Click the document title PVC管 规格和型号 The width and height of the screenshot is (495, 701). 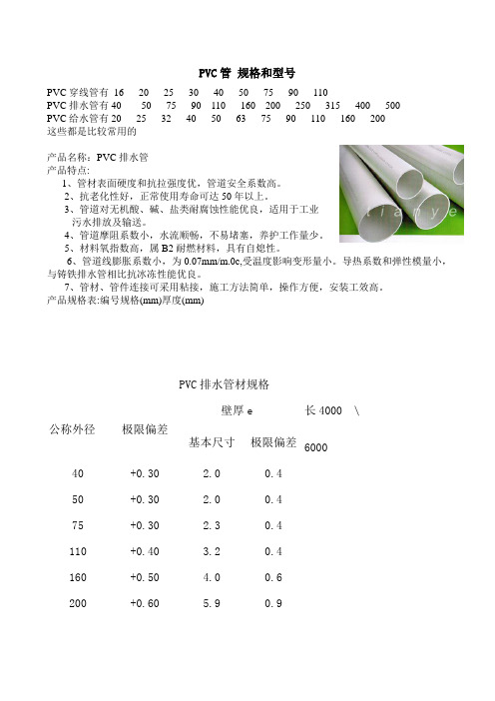point(247,73)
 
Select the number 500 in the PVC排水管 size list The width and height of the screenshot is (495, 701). point(392,106)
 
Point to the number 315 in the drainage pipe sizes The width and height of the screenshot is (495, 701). point(333,106)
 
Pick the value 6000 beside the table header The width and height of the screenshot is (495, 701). point(316,448)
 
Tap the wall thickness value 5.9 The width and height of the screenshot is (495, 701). point(211,603)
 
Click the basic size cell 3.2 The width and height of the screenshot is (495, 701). point(211,551)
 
